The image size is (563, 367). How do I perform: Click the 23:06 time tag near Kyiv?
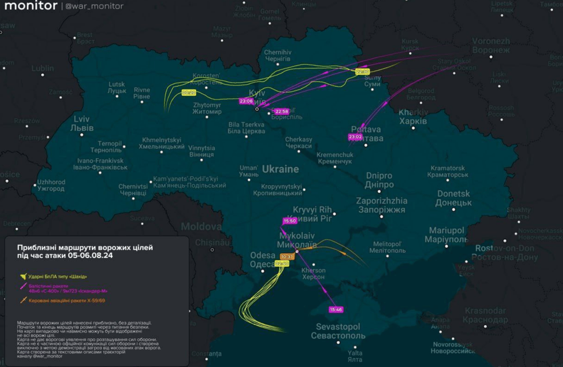(x=246, y=101)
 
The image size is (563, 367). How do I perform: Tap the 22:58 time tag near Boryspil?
(x=282, y=111)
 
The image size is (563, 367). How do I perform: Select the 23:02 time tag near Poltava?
(x=355, y=137)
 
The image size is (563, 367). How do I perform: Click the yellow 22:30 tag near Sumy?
(x=363, y=72)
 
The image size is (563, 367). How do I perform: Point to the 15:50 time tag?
(x=290, y=221)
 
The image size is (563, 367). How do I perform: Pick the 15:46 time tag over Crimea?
(x=336, y=310)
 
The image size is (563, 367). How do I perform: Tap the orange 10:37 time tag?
(x=287, y=257)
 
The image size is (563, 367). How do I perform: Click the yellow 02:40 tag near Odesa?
(x=282, y=263)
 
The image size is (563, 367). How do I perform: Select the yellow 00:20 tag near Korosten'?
(x=189, y=93)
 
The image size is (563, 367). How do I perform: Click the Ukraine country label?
(x=280, y=169)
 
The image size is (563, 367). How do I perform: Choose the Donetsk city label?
(x=453, y=198)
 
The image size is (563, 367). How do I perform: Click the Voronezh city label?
(x=491, y=46)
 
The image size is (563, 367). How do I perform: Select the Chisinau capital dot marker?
(x=212, y=249)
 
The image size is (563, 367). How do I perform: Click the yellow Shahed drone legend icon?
(x=22, y=276)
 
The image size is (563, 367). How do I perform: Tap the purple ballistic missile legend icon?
(x=22, y=287)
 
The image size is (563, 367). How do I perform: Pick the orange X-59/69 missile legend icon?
(x=22, y=301)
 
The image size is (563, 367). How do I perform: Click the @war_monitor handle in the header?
(x=94, y=6)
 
